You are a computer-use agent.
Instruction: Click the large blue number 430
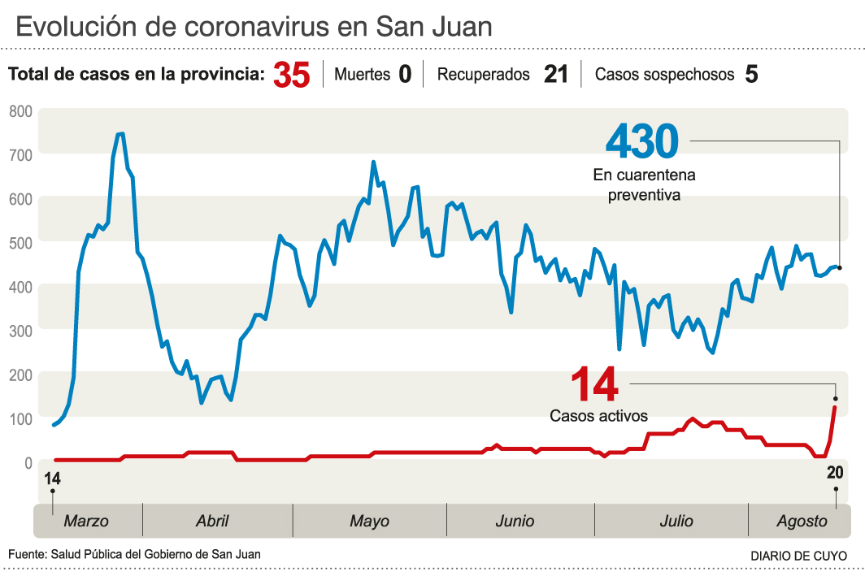(641, 141)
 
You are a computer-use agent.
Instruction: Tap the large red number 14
(594, 385)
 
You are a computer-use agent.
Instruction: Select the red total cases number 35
(292, 76)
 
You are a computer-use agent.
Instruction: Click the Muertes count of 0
(405, 75)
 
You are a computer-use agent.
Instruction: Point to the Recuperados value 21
(556, 75)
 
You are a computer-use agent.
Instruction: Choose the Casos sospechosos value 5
(751, 75)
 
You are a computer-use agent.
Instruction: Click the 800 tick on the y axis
(20, 111)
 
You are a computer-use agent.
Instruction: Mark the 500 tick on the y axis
(20, 243)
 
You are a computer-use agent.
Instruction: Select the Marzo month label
(86, 521)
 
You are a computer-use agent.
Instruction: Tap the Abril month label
(212, 521)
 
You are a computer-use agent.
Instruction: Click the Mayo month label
(369, 521)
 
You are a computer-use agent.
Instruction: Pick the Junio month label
(515, 521)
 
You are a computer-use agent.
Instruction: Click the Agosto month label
(802, 521)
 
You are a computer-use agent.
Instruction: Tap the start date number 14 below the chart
(53, 478)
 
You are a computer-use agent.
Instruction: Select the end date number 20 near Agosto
(835, 474)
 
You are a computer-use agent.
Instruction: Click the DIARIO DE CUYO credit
(798, 556)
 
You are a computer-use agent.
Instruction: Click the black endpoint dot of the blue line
(839, 267)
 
